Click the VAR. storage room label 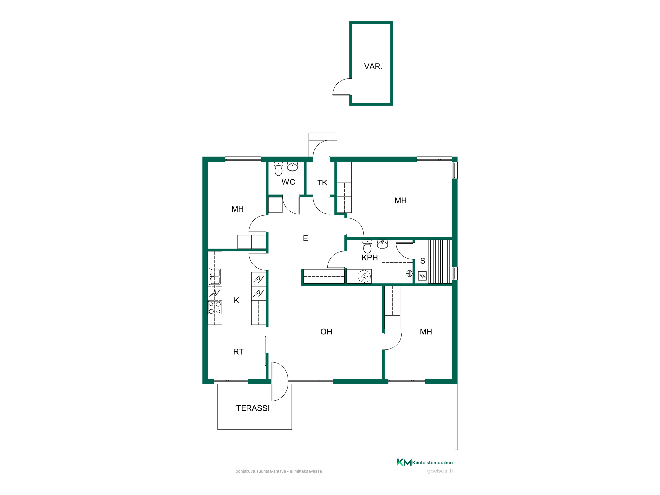click(x=373, y=66)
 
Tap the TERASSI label click(x=253, y=408)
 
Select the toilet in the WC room click(x=279, y=169)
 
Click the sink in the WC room click(x=292, y=166)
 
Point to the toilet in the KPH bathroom click(x=367, y=247)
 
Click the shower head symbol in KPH click(x=410, y=273)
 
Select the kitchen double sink click(x=215, y=277)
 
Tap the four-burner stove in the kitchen click(x=215, y=308)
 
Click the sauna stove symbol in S click(x=422, y=276)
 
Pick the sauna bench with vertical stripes click(x=440, y=261)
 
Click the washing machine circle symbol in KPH click(x=364, y=276)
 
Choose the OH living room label click(x=326, y=332)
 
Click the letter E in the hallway click(x=305, y=238)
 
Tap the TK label click(x=322, y=183)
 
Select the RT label click(x=238, y=352)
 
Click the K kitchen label click(x=236, y=300)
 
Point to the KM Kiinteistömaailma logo click(x=425, y=462)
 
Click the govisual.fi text click(x=440, y=471)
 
